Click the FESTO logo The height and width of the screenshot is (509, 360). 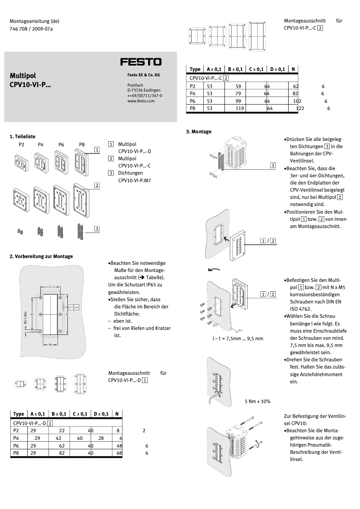140,62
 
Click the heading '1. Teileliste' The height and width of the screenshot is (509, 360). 22,136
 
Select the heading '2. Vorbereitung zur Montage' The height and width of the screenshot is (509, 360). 41,256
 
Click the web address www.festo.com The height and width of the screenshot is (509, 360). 141,101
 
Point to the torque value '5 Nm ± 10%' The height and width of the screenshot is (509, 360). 257,401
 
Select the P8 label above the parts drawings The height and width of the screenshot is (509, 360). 82,145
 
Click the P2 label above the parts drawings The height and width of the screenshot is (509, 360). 22,145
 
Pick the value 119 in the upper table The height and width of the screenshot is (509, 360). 240,108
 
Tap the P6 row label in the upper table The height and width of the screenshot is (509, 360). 193,101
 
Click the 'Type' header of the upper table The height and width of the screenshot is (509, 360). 195,69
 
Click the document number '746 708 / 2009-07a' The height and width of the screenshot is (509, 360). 31,29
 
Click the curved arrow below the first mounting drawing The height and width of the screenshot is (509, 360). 214,270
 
